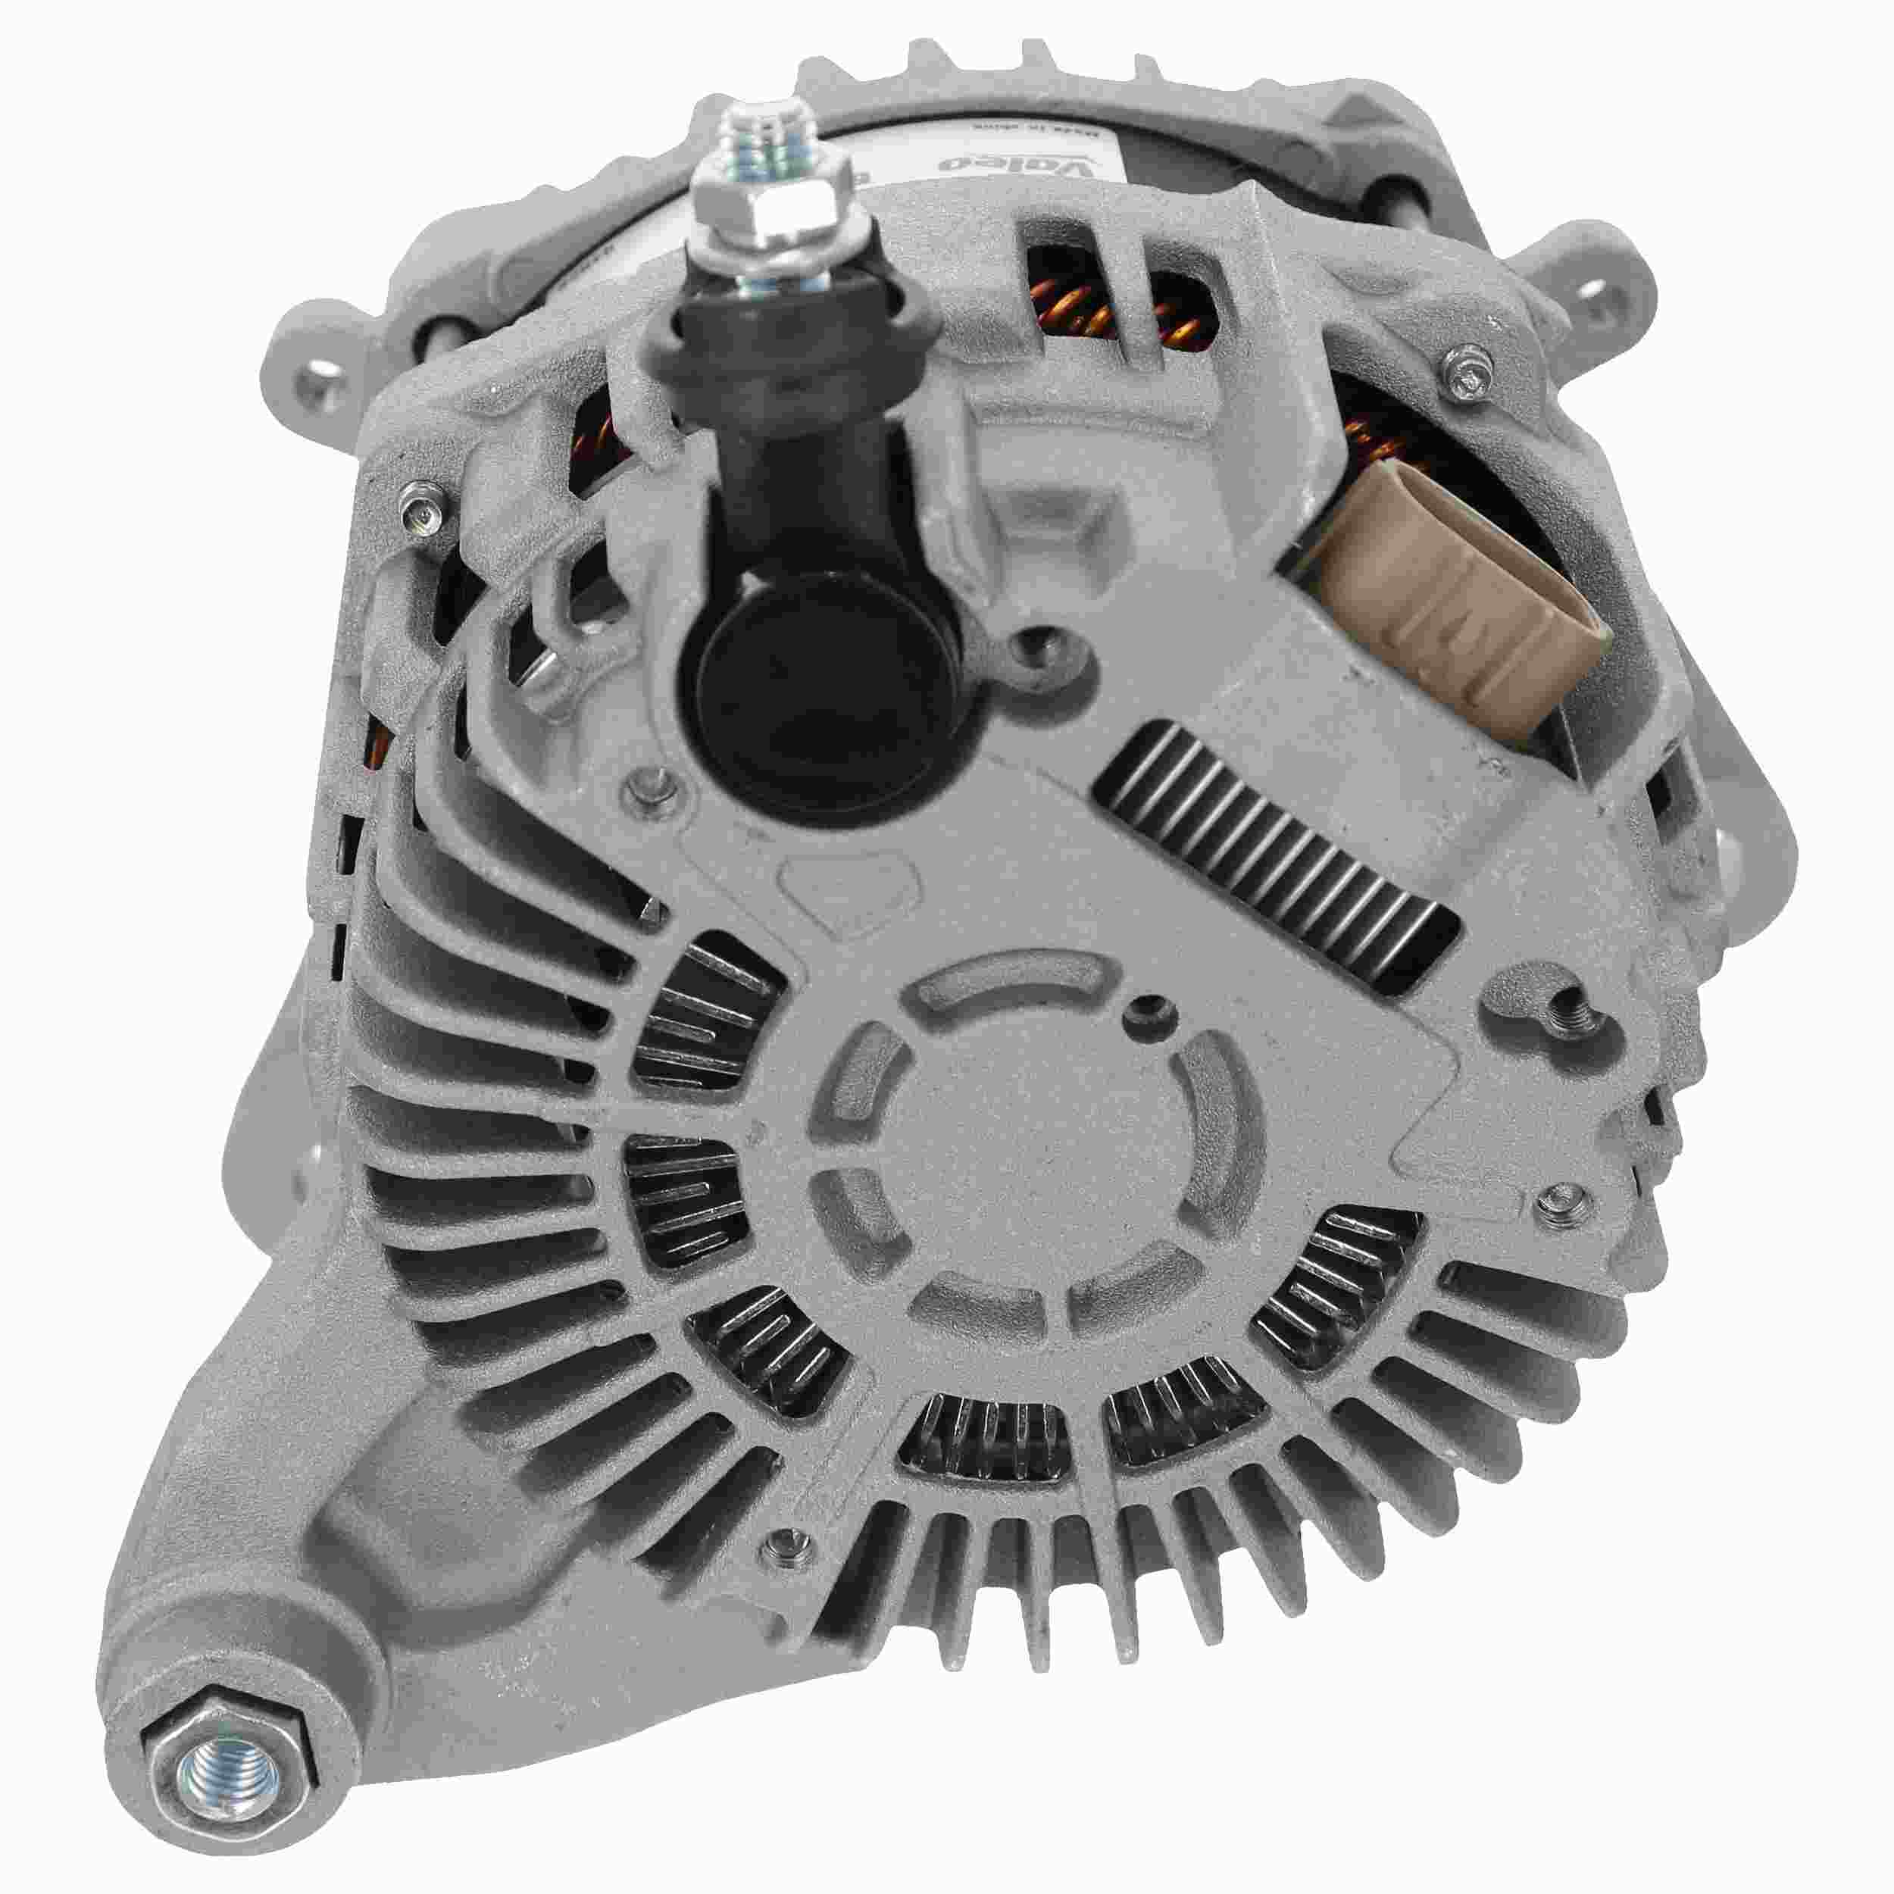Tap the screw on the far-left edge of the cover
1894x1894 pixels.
[x=420, y=510]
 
